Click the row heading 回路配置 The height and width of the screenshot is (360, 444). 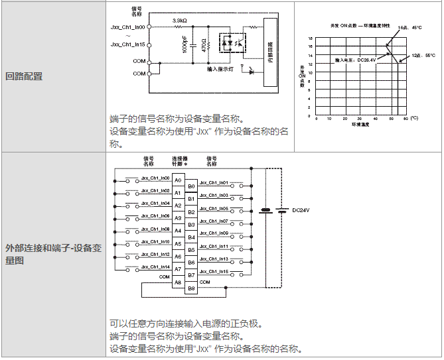24,76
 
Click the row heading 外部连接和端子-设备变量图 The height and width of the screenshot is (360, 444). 52,254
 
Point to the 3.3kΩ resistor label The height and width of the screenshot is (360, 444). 179,21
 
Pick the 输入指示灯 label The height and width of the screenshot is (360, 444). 220,69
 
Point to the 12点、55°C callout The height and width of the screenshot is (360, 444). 423,55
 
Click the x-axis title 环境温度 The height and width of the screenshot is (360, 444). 360,124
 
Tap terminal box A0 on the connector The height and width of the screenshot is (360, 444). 178,180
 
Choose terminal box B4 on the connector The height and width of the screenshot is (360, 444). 191,237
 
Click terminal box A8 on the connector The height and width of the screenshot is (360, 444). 178,282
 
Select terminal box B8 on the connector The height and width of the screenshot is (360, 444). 191,288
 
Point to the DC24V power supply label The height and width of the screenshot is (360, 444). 301,211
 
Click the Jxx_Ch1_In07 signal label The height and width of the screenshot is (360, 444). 214,221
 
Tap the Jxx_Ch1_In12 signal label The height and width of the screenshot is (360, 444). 155,255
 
